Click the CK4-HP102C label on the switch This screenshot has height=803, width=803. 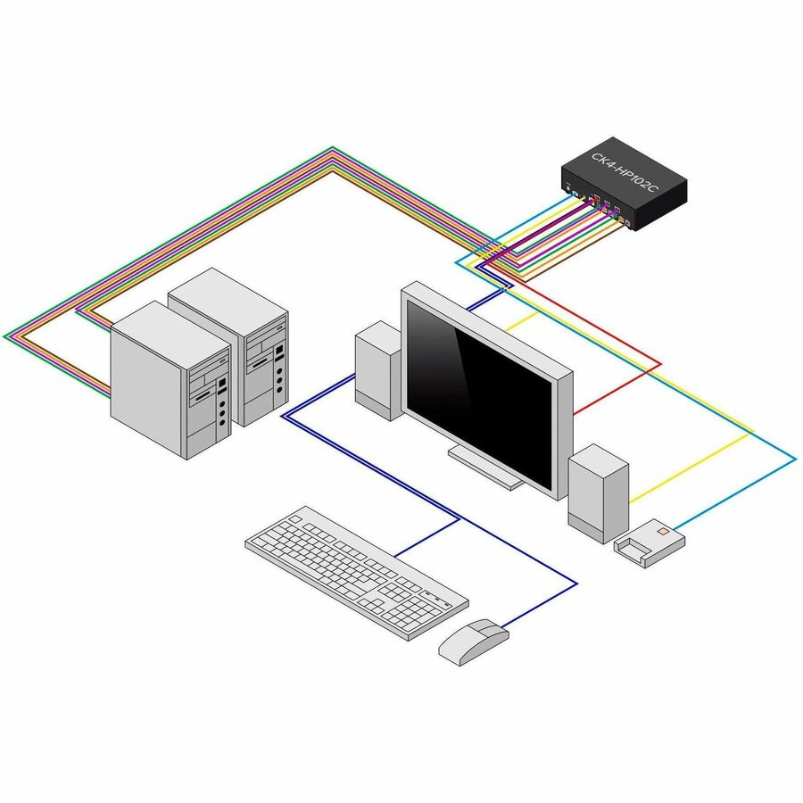[624, 170]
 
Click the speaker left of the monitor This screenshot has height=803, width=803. [377, 370]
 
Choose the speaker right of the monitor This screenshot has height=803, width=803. [598, 491]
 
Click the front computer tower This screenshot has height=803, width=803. [170, 379]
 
